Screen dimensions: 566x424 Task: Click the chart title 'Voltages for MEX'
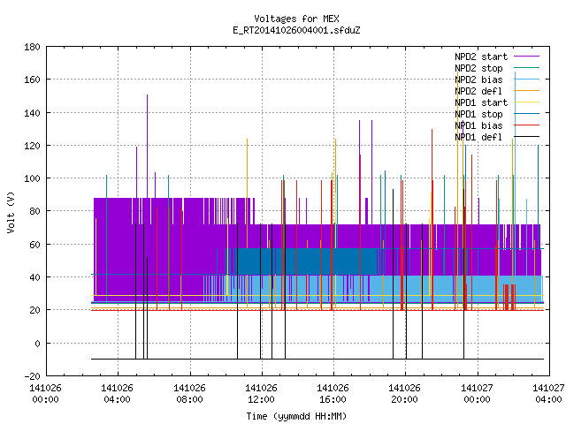(x=296, y=19)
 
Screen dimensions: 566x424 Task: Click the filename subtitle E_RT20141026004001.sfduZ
(x=296, y=30)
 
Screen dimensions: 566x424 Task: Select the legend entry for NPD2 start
(x=481, y=57)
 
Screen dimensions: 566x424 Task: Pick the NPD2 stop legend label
(x=478, y=68)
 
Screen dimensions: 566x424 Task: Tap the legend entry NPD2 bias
(x=478, y=79)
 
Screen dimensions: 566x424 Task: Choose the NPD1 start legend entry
(x=481, y=102)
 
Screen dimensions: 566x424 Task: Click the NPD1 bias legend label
(x=478, y=125)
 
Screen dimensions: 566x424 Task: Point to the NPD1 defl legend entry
(x=478, y=138)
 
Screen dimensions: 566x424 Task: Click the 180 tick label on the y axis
(x=32, y=47)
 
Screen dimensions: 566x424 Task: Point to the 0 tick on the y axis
(x=37, y=344)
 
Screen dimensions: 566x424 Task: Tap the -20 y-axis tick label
(x=32, y=376)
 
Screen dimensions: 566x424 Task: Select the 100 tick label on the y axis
(x=32, y=178)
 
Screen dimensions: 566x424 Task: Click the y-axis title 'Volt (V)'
(x=11, y=213)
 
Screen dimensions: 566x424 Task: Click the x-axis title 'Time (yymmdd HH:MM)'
(x=296, y=416)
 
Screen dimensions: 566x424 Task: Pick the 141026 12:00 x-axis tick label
(x=262, y=394)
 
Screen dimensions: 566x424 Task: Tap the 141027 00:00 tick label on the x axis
(x=478, y=394)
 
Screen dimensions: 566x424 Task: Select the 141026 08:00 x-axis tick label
(x=189, y=394)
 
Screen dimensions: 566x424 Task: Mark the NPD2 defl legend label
(x=478, y=91)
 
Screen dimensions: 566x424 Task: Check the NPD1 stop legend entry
(x=478, y=114)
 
